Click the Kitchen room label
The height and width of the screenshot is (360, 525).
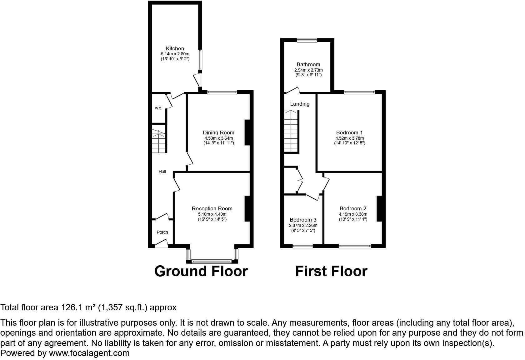click(x=175, y=48)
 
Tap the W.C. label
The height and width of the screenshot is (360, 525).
click(x=158, y=108)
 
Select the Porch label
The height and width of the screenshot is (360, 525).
click(x=162, y=232)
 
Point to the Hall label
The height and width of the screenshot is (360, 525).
click(x=162, y=172)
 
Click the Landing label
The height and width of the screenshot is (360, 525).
click(x=300, y=104)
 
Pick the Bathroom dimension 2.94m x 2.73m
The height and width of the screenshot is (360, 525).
click(x=308, y=70)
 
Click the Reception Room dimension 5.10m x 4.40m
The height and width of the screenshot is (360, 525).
click(x=212, y=214)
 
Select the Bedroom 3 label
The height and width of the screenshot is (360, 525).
click(x=303, y=220)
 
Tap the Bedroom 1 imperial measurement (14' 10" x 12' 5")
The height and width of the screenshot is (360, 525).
click(x=349, y=143)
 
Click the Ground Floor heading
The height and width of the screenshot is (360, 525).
click(x=201, y=271)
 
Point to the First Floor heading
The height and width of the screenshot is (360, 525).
click(x=331, y=271)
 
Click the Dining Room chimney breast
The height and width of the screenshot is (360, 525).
click(x=247, y=132)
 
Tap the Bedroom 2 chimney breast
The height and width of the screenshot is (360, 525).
click(x=380, y=208)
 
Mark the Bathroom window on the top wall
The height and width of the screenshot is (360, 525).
click(x=307, y=40)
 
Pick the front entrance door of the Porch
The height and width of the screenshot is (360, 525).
click(x=161, y=243)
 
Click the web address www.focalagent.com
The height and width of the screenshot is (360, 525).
click(x=89, y=353)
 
